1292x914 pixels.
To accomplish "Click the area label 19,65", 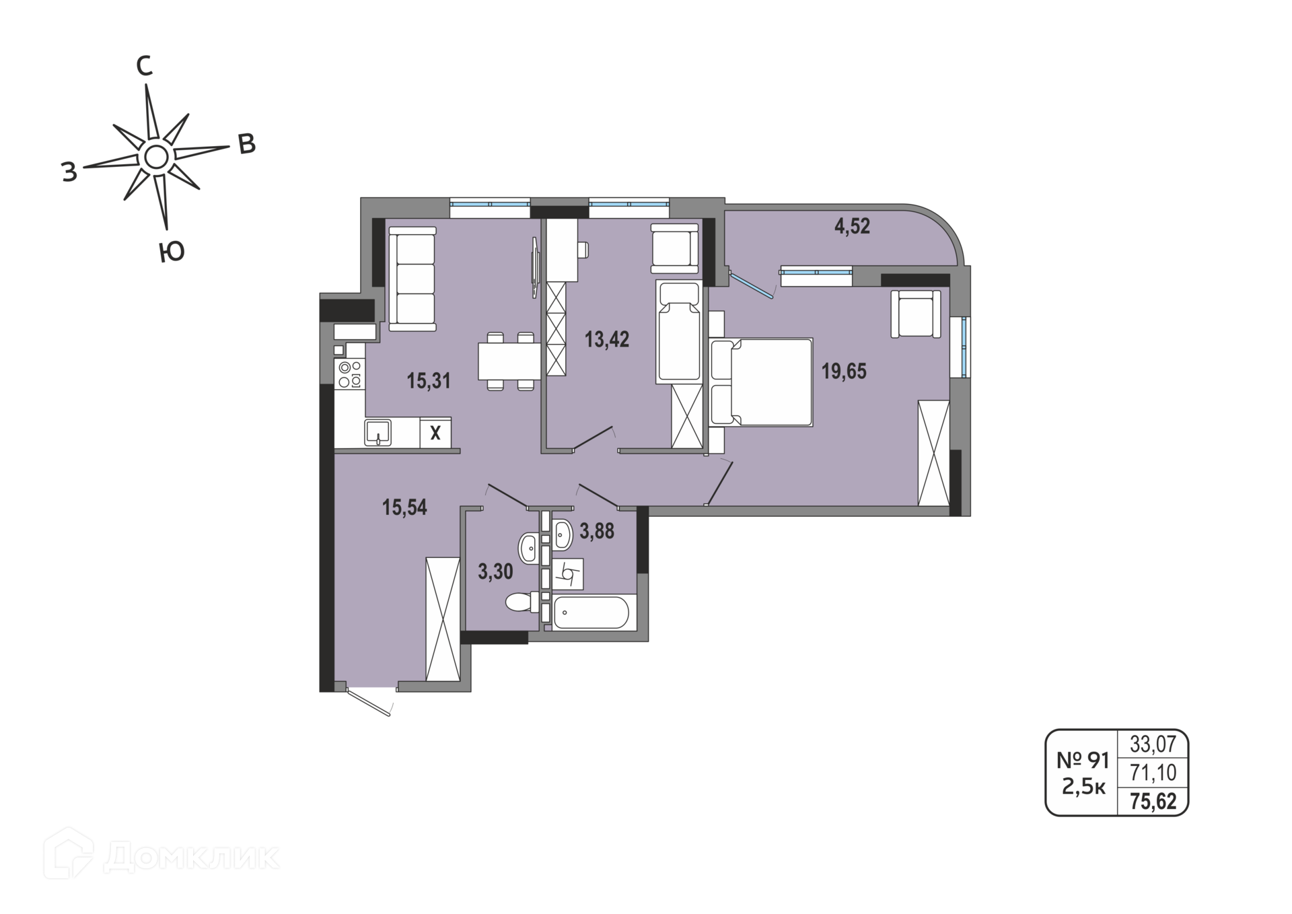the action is point(844,371).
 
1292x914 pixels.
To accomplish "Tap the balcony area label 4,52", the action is point(852,226).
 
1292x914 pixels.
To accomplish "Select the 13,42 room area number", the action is point(607,339).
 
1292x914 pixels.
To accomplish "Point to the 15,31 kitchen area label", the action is point(429,381).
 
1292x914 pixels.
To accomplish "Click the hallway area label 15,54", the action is point(404,507).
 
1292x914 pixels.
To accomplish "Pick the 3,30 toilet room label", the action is point(495,572).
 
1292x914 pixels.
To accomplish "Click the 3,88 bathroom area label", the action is point(597,532).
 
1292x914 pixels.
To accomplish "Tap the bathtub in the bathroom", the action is point(590,612).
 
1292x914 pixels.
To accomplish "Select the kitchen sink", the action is point(378,432).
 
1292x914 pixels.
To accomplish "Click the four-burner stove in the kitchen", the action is point(350,374).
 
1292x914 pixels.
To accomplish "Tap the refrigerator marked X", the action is point(435,433).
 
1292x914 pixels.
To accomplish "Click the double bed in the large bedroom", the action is point(761,382).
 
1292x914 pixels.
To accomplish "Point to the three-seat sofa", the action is point(412,279).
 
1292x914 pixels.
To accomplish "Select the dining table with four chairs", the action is point(509,361).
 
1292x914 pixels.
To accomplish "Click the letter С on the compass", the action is point(144,66).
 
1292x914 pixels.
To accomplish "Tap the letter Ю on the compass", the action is point(172,252).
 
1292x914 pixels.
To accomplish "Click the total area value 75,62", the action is point(1153,801).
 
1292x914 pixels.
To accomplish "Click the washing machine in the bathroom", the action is point(568,574).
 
